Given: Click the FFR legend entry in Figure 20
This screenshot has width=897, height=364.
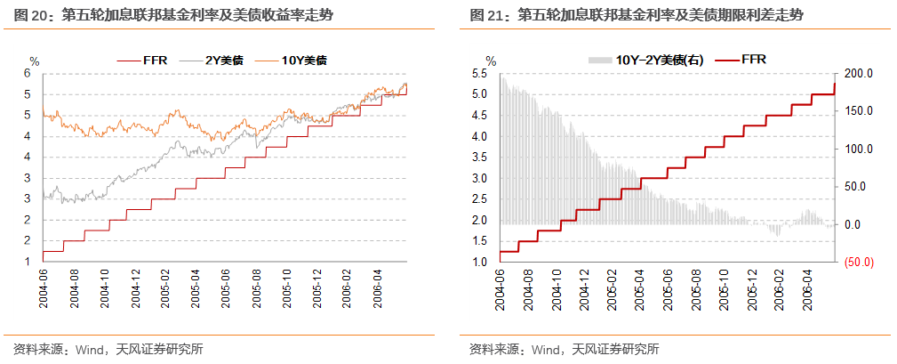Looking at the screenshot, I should pos(148,60).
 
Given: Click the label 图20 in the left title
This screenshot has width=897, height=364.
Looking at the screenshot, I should pos(28,15).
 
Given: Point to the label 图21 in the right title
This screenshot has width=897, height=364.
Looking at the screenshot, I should pos(482,15).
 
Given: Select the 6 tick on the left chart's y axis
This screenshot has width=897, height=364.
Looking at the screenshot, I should pos(28,74).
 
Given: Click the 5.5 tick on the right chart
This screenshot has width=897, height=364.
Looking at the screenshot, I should pos(481,74).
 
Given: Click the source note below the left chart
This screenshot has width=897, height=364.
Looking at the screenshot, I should pos(108,348).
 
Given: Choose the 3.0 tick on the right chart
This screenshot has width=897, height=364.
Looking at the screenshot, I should pos(481,178).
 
